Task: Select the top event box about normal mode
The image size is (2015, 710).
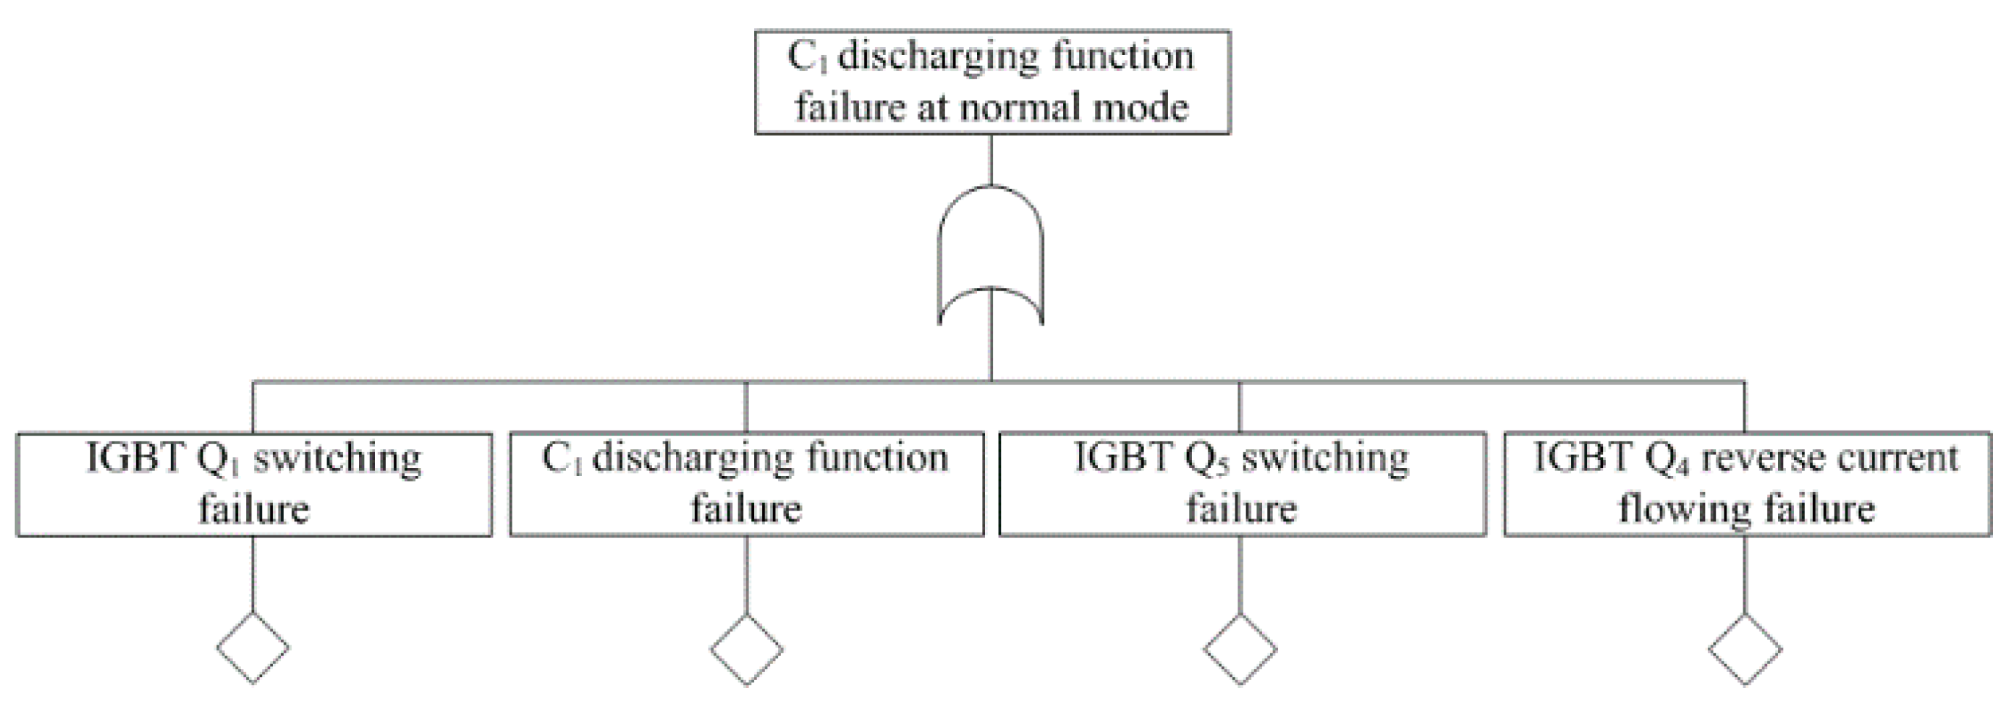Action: pyautogui.click(x=992, y=82)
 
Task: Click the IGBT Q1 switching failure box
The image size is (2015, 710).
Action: pyautogui.click(x=254, y=484)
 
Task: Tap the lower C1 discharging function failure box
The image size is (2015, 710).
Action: pyautogui.click(x=747, y=484)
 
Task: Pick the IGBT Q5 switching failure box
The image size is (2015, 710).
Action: pyautogui.click(x=1241, y=484)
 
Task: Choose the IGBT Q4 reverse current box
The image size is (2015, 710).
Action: pyautogui.click(x=1746, y=484)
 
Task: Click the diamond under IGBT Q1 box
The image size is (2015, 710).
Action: pyautogui.click(x=253, y=648)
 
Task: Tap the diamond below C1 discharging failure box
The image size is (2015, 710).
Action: pyautogui.click(x=747, y=650)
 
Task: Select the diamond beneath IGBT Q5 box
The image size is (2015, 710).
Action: pyautogui.click(x=1240, y=650)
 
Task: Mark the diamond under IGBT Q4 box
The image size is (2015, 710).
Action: pyautogui.click(x=1745, y=650)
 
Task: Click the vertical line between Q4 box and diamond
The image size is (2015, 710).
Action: pyautogui.click(x=1745, y=575)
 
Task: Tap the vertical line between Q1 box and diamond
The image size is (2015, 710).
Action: pyautogui.click(x=253, y=575)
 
